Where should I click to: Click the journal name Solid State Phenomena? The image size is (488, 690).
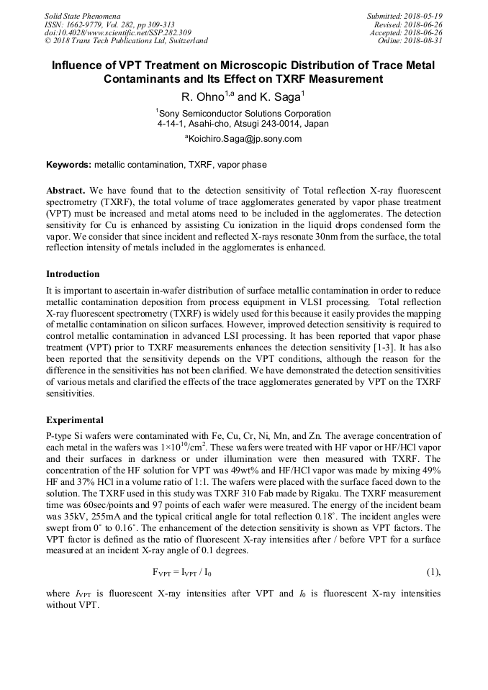click(x=82, y=15)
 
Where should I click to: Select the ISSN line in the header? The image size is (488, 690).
click(x=109, y=24)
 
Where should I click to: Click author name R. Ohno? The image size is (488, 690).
click(x=204, y=97)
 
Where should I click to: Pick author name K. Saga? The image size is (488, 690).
click(x=279, y=97)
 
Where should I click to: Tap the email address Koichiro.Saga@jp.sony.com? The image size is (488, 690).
click(x=244, y=139)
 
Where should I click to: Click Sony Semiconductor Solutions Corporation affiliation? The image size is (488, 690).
click(x=244, y=113)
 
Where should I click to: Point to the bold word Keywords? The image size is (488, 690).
click(x=69, y=165)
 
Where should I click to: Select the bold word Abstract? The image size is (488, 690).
click(x=65, y=191)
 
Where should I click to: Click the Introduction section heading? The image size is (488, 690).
click(x=73, y=274)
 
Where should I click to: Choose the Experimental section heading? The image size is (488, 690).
click(x=75, y=420)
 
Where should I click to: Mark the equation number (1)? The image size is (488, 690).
click(x=433, y=573)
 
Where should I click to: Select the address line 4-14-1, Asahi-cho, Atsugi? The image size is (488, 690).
click(x=243, y=124)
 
